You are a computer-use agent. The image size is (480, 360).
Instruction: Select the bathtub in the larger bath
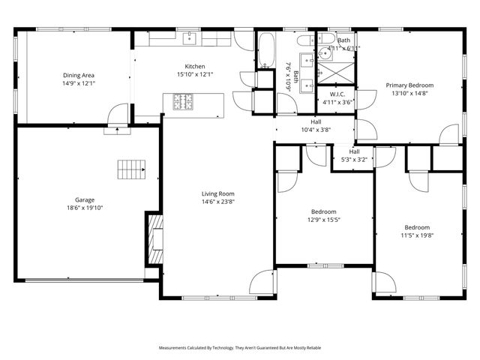click(x=266, y=48)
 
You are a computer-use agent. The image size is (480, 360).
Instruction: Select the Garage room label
click(x=84, y=199)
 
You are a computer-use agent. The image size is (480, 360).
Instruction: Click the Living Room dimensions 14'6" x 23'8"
click(x=218, y=201)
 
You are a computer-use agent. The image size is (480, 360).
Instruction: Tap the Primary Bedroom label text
click(x=409, y=85)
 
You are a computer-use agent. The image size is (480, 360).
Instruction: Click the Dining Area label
click(x=78, y=75)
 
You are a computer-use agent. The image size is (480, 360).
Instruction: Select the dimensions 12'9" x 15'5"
click(x=323, y=220)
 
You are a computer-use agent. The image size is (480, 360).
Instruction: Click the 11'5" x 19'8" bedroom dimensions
click(x=417, y=235)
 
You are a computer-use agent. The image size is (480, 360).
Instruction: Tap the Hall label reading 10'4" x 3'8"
click(x=316, y=130)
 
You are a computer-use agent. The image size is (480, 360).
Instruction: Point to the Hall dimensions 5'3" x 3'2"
click(x=354, y=159)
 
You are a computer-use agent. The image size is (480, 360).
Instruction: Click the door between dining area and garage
click(x=116, y=121)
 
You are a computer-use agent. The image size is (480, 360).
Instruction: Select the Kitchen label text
click(x=195, y=66)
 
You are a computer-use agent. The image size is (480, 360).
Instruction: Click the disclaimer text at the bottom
click(x=239, y=348)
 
